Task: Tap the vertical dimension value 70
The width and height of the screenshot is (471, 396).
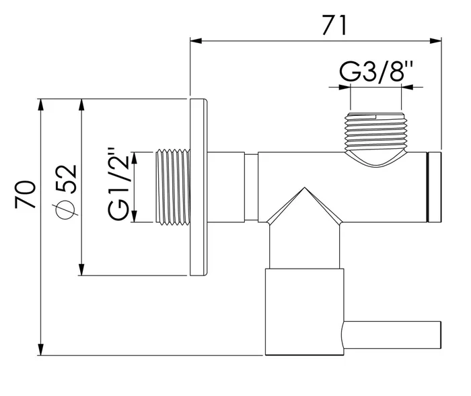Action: tap(25, 195)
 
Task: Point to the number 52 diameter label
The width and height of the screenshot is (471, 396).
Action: tap(67, 180)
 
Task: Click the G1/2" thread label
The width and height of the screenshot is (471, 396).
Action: tap(118, 185)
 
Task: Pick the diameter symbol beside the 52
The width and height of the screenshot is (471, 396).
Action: tap(66, 211)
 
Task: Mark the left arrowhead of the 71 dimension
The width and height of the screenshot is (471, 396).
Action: tap(195, 40)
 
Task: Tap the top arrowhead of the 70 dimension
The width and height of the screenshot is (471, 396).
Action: tap(42, 105)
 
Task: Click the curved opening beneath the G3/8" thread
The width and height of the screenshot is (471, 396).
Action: tap(375, 160)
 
